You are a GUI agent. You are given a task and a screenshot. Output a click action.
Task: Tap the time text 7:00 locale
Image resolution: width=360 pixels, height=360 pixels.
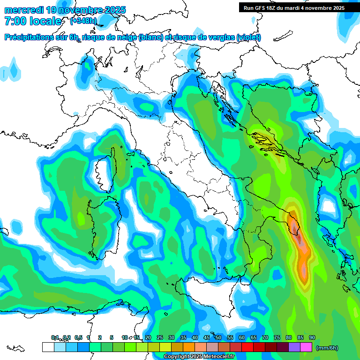(x=33, y=21)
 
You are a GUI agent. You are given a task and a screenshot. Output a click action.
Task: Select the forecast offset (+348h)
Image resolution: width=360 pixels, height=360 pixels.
(x=83, y=21)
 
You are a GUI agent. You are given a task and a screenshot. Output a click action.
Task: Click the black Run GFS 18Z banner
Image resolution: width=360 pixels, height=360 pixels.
(x=294, y=7)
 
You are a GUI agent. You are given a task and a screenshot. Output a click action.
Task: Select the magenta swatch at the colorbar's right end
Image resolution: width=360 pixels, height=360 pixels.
(x=306, y=347)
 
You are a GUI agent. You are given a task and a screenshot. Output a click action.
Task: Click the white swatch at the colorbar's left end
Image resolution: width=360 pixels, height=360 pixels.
(x=48, y=347)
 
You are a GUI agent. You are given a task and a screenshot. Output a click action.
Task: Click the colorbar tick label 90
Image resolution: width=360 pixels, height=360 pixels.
(x=312, y=338)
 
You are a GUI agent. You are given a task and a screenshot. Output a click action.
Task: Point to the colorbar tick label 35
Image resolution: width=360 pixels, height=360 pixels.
(x=183, y=338)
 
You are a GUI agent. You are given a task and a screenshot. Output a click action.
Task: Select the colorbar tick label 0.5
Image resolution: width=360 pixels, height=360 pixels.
(x=78, y=338)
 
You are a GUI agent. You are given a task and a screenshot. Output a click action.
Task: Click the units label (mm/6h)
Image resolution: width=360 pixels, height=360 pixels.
(x=327, y=348)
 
